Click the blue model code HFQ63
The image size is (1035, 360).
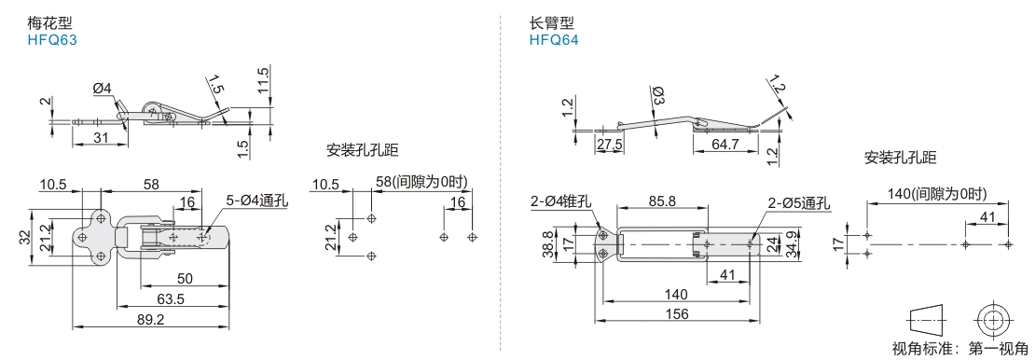(52, 39)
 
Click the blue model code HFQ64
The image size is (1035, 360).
(553, 39)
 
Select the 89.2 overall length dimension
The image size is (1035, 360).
(151, 319)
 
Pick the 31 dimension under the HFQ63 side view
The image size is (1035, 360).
(99, 137)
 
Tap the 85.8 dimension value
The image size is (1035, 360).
(661, 202)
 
